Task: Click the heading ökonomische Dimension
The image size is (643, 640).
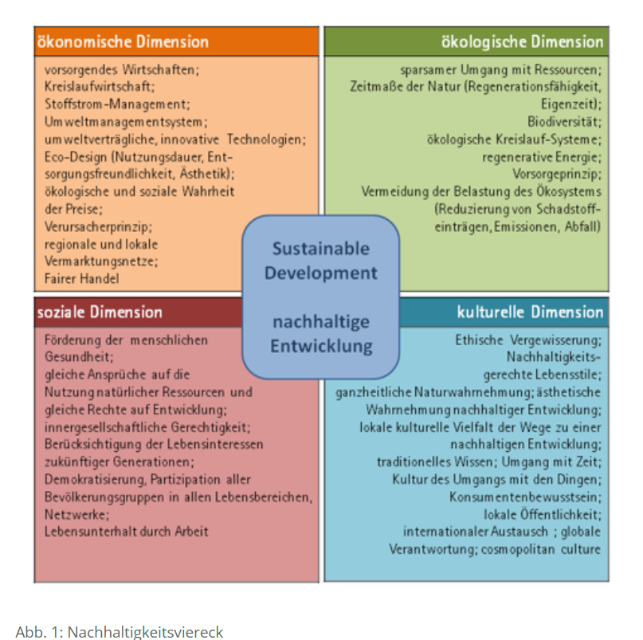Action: (123, 41)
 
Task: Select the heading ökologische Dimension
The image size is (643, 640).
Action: (522, 41)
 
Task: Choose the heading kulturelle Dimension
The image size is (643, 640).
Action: (530, 312)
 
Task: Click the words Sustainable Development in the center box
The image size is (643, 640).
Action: (320, 261)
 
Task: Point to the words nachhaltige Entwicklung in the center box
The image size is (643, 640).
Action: (320, 334)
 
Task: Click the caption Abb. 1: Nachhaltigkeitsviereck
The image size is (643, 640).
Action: (120, 631)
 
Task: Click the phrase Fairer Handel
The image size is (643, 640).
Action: (82, 279)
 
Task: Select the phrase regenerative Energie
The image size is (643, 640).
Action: (542, 156)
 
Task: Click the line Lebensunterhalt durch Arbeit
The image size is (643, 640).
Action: (127, 532)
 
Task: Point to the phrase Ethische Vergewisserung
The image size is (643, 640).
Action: (528, 340)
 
